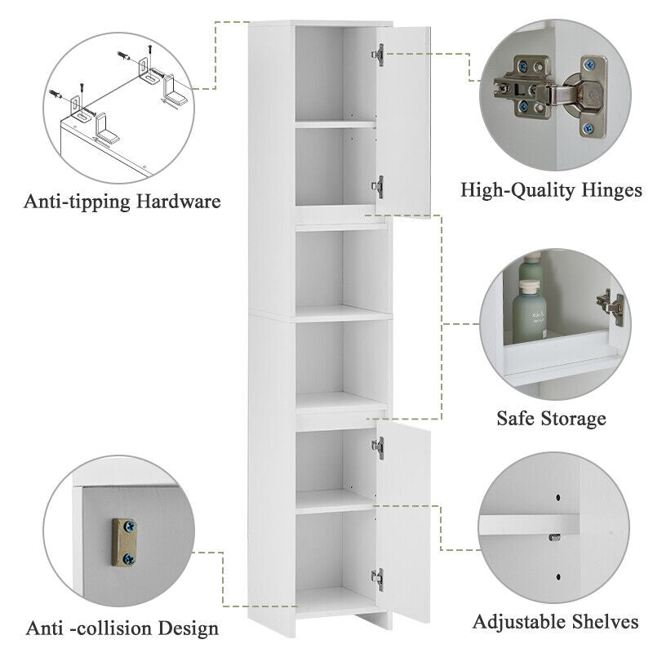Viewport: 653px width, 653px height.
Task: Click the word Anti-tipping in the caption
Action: (x=78, y=202)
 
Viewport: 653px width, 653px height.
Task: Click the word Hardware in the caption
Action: (x=178, y=201)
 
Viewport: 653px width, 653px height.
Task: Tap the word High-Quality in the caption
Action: (x=518, y=191)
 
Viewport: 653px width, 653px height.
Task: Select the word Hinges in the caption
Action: (x=611, y=190)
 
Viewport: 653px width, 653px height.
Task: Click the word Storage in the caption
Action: (x=571, y=419)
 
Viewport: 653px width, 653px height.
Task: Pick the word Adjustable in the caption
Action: (x=519, y=622)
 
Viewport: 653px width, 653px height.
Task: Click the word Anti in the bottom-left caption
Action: (x=45, y=628)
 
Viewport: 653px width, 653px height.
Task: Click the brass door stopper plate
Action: (x=125, y=542)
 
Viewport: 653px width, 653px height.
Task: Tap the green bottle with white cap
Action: (x=529, y=311)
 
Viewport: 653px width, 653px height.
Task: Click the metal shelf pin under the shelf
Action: (x=554, y=537)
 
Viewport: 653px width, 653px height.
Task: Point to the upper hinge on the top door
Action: (x=378, y=55)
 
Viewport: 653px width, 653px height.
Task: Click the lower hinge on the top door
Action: (x=378, y=187)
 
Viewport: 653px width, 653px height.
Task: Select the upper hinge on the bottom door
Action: (x=378, y=448)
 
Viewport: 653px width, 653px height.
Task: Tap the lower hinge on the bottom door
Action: (x=378, y=580)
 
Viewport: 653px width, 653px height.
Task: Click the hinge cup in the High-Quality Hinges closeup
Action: (x=582, y=97)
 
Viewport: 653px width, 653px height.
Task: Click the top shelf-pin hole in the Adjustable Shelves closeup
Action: (x=558, y=497)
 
